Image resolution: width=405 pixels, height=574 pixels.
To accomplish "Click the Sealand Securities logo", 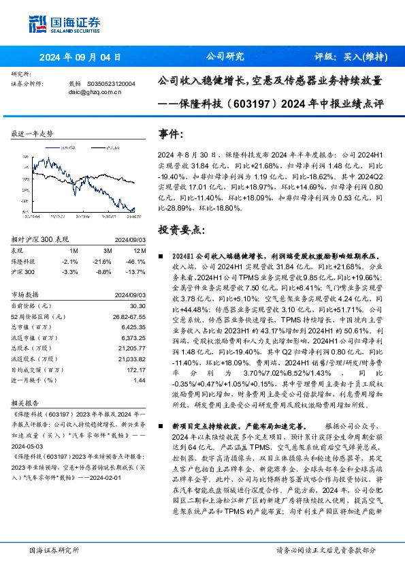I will coord(56,25).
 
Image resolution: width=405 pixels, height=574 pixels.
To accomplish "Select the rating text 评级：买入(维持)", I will coord(351,57).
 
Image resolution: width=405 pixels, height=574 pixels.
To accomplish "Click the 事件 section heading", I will coord(171,134).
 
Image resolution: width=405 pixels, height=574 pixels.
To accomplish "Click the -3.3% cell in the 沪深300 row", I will coord(71,271).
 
